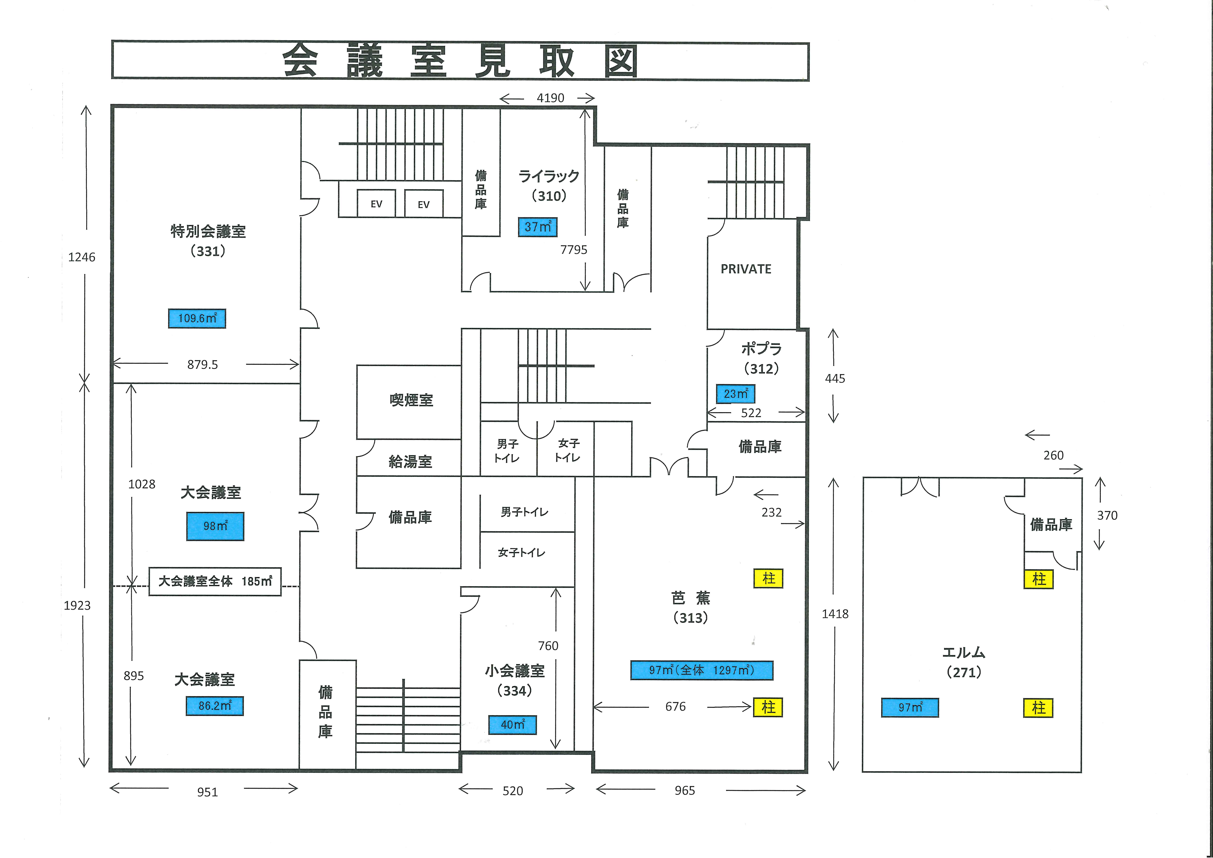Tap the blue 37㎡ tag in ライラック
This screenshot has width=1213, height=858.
pyautogui.click(x=537, y=227)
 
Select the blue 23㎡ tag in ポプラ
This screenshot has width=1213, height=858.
pyautogui.click(x=735, y=394)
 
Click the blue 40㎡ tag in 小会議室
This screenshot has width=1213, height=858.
pyautogui.click(x=512, y=725)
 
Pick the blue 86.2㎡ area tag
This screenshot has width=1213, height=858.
pyautogui.click(x=215, y=706)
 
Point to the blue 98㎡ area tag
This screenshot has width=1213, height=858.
pyautogui.click(x=215, y=526)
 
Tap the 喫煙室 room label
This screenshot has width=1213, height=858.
pyautogui.click(x=411, y=400)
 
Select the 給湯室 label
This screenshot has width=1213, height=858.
pyautogui.click(x=410, y=462)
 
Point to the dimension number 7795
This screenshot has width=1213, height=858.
pyautogui.click(x=574, y=250)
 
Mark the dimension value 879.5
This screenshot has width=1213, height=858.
pyautogui.click(x=202, y=365)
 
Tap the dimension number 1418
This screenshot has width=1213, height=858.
pyautogui.click(x=835, y=614)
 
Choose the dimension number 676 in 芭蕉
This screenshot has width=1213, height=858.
pyautogui.click(x=675, y=707)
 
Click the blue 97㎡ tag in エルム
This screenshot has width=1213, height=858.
pyautogui.click(x=910, y=707)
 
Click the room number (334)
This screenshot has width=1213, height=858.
pyautogui.click(x=515, y=691)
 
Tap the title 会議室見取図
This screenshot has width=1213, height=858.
pyautogui.click(x=460, y=61)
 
